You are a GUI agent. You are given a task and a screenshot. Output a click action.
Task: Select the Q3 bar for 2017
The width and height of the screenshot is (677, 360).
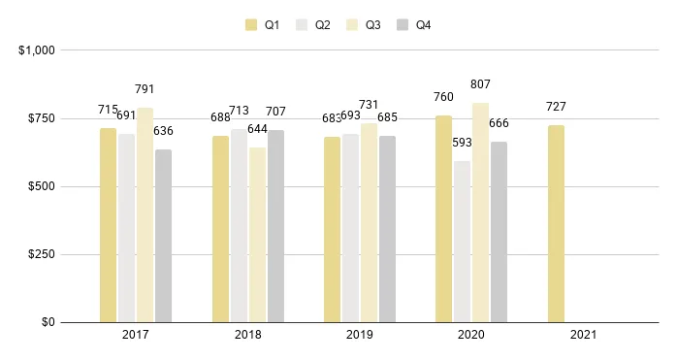click(x=145, y=214)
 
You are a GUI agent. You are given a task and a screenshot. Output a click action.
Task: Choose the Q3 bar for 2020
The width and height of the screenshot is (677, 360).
click(x=480, y=213)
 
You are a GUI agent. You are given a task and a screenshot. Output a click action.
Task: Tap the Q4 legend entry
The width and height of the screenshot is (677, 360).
click(x=414, y=25)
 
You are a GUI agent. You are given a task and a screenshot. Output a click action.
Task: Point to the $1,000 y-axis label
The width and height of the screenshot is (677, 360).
click(x=37, y=49)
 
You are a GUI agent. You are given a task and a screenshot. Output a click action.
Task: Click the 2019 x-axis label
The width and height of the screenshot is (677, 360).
click(x=359, y=335)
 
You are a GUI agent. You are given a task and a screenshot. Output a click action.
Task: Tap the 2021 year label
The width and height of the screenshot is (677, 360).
click(x=583, y=335)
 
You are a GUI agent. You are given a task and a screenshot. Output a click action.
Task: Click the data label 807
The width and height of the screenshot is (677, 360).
click(x=480, y=84)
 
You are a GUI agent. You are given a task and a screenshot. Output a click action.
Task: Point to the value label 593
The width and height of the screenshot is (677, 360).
click(x=462, y=143)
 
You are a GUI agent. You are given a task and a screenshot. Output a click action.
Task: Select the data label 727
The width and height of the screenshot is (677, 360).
click(x=556, y=107)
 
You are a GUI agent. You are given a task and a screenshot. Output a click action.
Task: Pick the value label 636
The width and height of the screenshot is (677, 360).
click(x=163, y=131)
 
